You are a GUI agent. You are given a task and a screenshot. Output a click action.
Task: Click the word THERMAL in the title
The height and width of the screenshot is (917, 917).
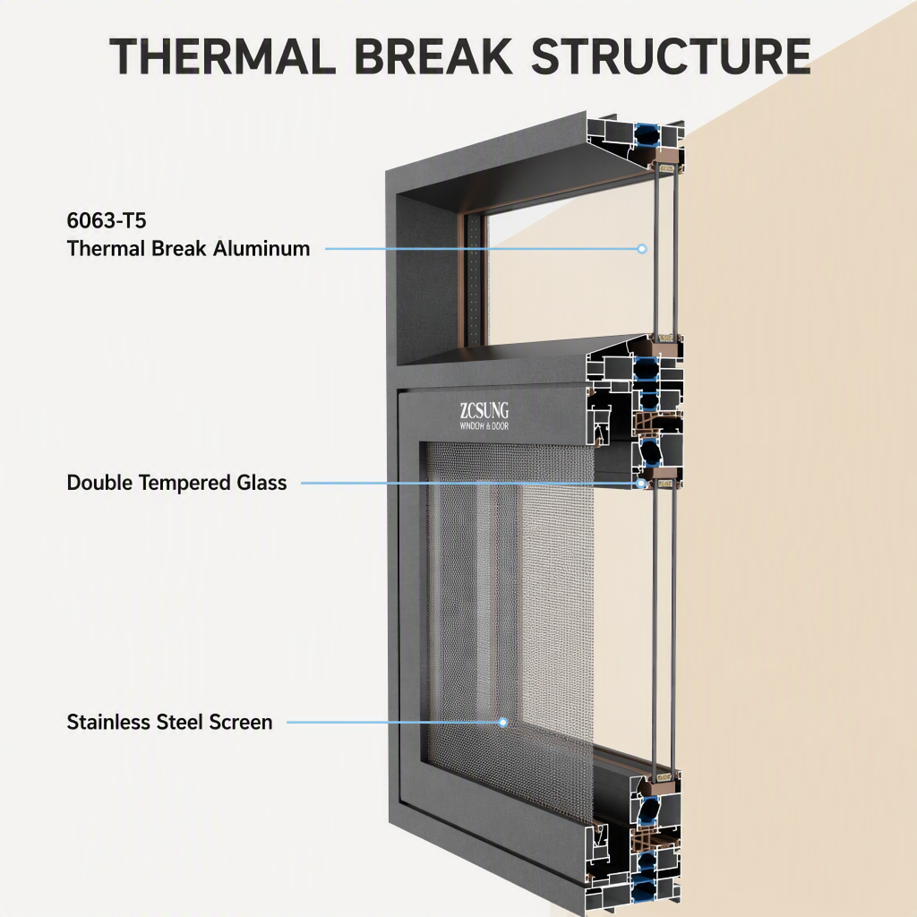[222, 56]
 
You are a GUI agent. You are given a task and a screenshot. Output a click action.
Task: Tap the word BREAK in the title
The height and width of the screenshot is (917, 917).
[433, 56]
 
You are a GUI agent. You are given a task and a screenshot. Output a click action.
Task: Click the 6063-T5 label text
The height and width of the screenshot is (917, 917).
[107, 220]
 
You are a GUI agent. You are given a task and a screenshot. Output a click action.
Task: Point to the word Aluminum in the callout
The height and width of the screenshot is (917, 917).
[261, 249]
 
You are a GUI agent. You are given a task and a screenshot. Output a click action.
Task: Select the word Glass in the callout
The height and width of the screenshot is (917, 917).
[261, 483]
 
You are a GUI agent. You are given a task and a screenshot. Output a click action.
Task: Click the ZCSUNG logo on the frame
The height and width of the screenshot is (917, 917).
[484, 410]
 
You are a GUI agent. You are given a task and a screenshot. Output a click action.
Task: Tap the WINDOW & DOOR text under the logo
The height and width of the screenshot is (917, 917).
[484, 425]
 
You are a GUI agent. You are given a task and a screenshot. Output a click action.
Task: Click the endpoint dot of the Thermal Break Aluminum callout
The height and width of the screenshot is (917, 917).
[642, 249]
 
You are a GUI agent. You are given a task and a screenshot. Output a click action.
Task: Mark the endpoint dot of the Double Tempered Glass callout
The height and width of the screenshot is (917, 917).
[641, 484]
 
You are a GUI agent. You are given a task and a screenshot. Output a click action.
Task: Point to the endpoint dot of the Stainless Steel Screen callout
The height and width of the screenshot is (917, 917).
[503, 723]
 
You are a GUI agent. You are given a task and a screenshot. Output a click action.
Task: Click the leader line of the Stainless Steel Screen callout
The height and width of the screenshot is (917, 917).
[392, 723]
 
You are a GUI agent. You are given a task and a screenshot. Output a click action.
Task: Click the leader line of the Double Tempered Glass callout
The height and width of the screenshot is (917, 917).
[468, 484]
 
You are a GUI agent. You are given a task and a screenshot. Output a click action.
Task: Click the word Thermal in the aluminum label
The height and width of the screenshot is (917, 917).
[106, 249]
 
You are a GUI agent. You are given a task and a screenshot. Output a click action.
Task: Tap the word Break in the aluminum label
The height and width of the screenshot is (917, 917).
[179, 249]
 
